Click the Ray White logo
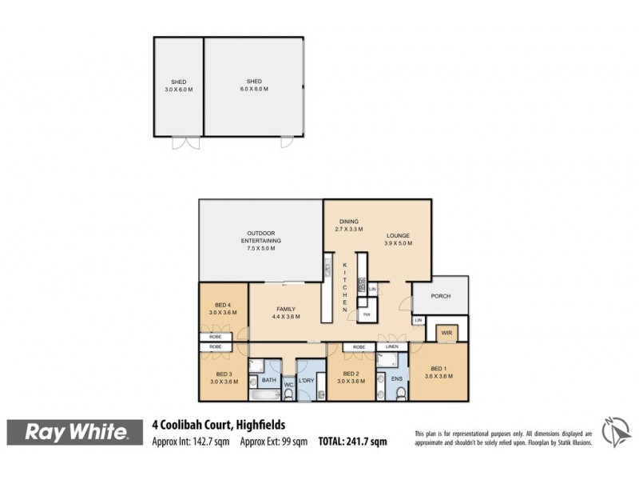77,433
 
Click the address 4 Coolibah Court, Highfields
219,425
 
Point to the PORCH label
440,296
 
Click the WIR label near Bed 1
445,331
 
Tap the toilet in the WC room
288,394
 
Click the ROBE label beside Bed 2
359,346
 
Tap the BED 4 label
224,305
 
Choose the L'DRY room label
307,381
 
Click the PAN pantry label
367,315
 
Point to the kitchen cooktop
362,284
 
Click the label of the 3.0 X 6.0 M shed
179,85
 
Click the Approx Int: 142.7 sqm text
191,441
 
